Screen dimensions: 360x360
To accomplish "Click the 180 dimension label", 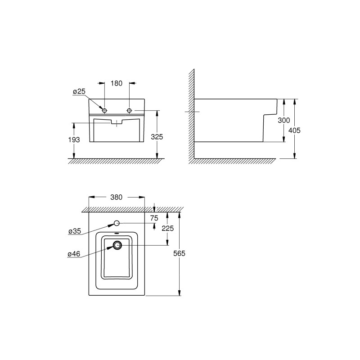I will coord(117,83).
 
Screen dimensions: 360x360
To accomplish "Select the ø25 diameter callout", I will coord(79,92).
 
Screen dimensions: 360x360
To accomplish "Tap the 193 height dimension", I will coord(75,140).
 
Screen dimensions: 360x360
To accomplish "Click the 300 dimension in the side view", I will coord(284,121).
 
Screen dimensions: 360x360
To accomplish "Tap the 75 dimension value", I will coord(154,218).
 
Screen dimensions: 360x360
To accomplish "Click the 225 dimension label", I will coord(168,228).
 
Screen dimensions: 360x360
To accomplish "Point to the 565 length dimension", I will coord(180,253).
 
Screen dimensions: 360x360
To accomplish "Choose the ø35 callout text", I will coord(74,231).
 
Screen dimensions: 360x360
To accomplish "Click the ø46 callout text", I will coord(74,254).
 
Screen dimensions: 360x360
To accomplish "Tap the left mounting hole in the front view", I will coord(105,111).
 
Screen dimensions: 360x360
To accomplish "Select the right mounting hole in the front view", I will coord(130,111).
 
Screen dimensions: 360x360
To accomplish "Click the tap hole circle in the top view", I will coord(117,223).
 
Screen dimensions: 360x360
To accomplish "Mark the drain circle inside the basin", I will coord(118,245).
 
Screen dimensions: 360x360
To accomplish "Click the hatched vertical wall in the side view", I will coord(192,112).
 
